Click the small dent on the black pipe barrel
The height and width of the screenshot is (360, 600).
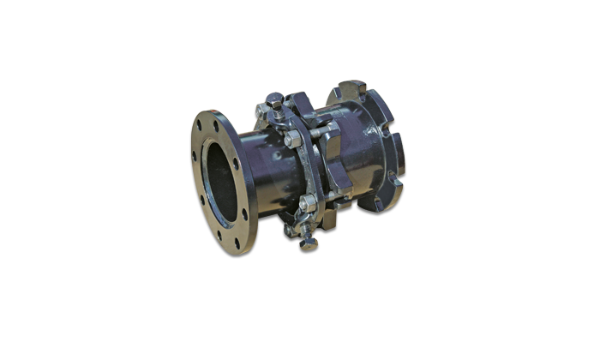tap(276, 157)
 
